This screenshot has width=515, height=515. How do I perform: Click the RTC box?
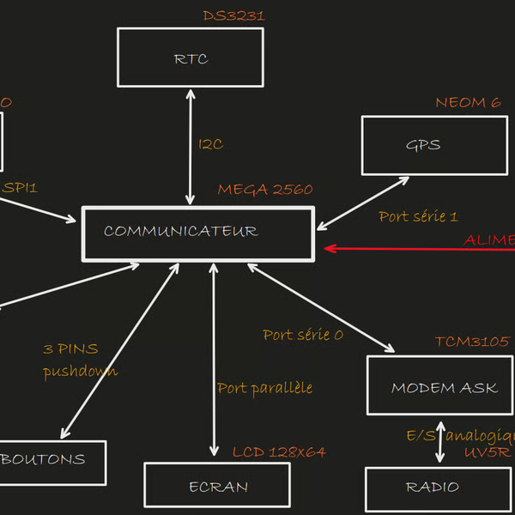tap(190, 58)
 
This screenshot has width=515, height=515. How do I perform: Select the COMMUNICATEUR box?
tap(197, 233)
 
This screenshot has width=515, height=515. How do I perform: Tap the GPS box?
tap(433, 145)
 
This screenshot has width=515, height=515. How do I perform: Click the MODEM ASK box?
tap(439, 386)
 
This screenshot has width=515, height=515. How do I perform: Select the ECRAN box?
tap(216, 486)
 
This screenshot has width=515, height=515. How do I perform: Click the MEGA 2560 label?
tap(264, 190)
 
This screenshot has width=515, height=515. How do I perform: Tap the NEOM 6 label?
tap(468, 103)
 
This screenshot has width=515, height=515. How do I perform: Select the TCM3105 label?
tap(471, 342)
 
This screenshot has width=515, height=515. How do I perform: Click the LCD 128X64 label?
tap(279, 451)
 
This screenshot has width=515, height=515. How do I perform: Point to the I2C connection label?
tap(210, 144)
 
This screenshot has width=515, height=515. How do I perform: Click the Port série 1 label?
tap(418, 216)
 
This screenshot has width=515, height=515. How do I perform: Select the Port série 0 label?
tap(302, 335)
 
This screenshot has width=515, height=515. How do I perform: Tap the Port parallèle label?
tap(264, 388)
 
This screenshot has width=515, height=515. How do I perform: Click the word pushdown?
tap(80, 371)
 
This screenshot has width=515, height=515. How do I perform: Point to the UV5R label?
tap(485, 451)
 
